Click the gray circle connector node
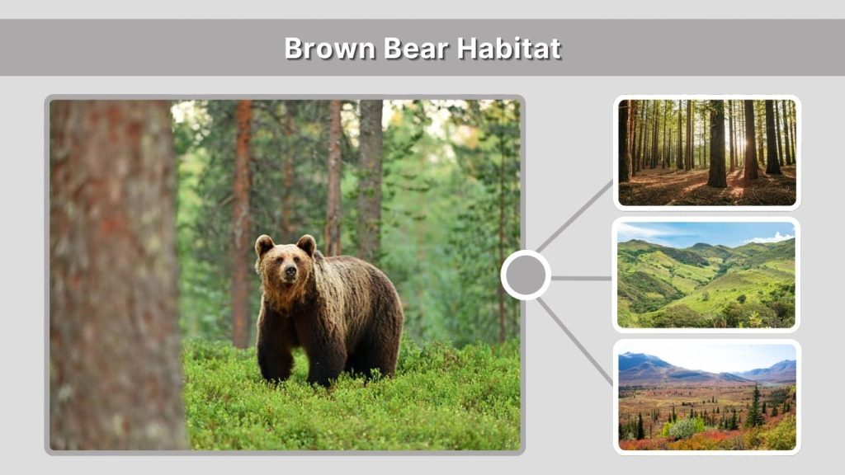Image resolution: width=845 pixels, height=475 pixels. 526,275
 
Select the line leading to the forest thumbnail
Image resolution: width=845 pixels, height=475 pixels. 576,215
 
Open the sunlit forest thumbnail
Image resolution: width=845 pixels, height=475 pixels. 706,153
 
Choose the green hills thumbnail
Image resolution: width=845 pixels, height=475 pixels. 706,275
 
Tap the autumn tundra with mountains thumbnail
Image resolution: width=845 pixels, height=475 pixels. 706,397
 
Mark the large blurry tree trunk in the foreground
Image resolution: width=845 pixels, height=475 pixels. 111,272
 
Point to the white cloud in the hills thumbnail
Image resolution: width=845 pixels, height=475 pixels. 772,238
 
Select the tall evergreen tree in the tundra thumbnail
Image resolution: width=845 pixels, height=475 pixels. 754,408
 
